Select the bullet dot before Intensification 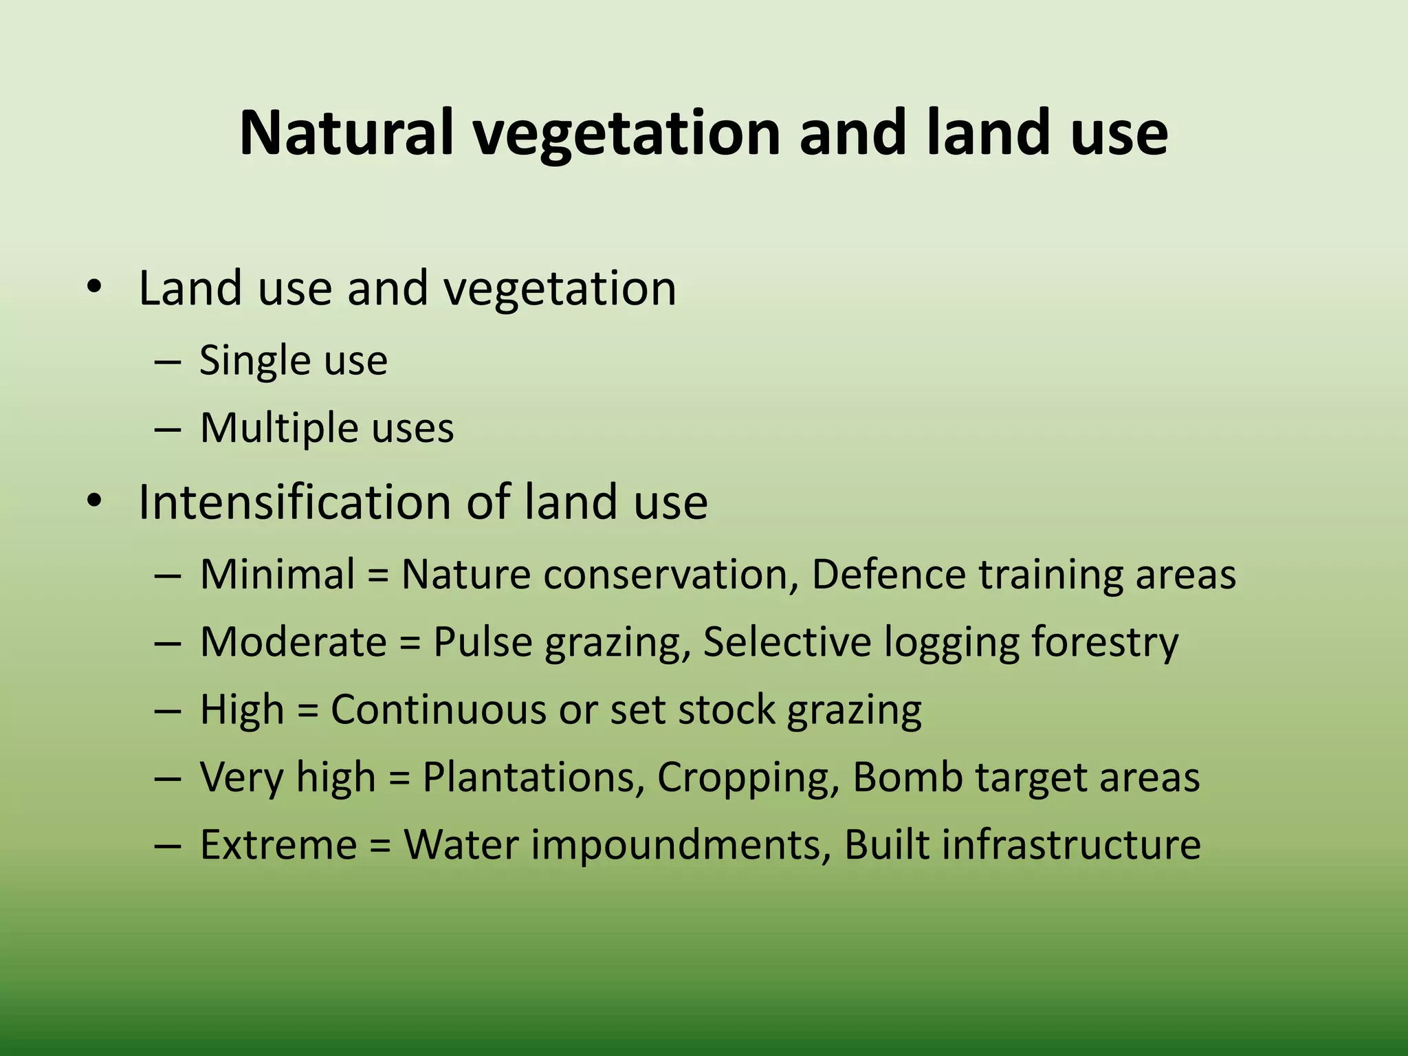94,501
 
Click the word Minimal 277,573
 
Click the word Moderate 294,641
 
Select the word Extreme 278,844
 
